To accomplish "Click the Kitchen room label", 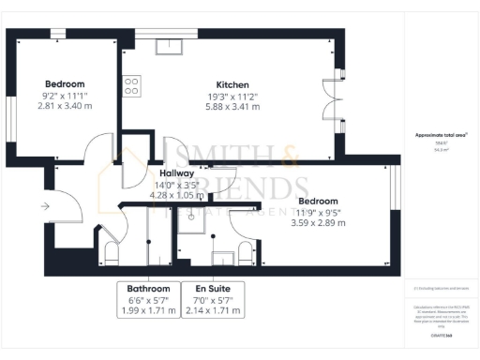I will pos(232,83).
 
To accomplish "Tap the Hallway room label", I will pos(176,173).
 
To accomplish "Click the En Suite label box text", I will pos(213,289).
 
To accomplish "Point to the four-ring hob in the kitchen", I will pos(131,86).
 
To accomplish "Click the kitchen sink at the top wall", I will pos(172,44).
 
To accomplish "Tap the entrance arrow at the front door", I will pos(46,204).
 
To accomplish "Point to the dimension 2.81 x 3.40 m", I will pos(65,106).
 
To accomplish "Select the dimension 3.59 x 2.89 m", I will pos(317,223).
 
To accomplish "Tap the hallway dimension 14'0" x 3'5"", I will pos(177,185).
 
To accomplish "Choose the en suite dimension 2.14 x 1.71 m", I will pos(213,310).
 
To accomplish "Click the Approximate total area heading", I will pos(442,137).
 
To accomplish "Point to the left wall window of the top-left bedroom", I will pos(12,117).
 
